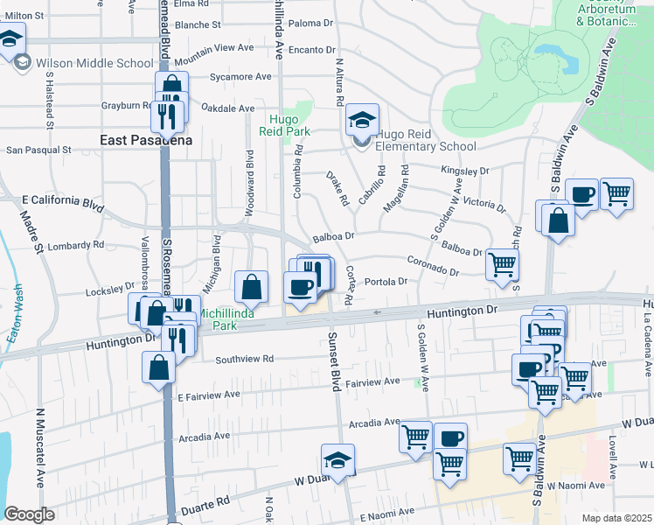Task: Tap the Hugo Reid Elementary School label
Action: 425,147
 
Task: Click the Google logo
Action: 30,514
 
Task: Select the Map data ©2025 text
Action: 617,518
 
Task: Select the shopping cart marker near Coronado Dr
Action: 502,263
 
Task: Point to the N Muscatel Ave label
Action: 40,447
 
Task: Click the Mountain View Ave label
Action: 212,61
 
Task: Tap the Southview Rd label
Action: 245,359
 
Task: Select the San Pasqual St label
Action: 38,150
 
